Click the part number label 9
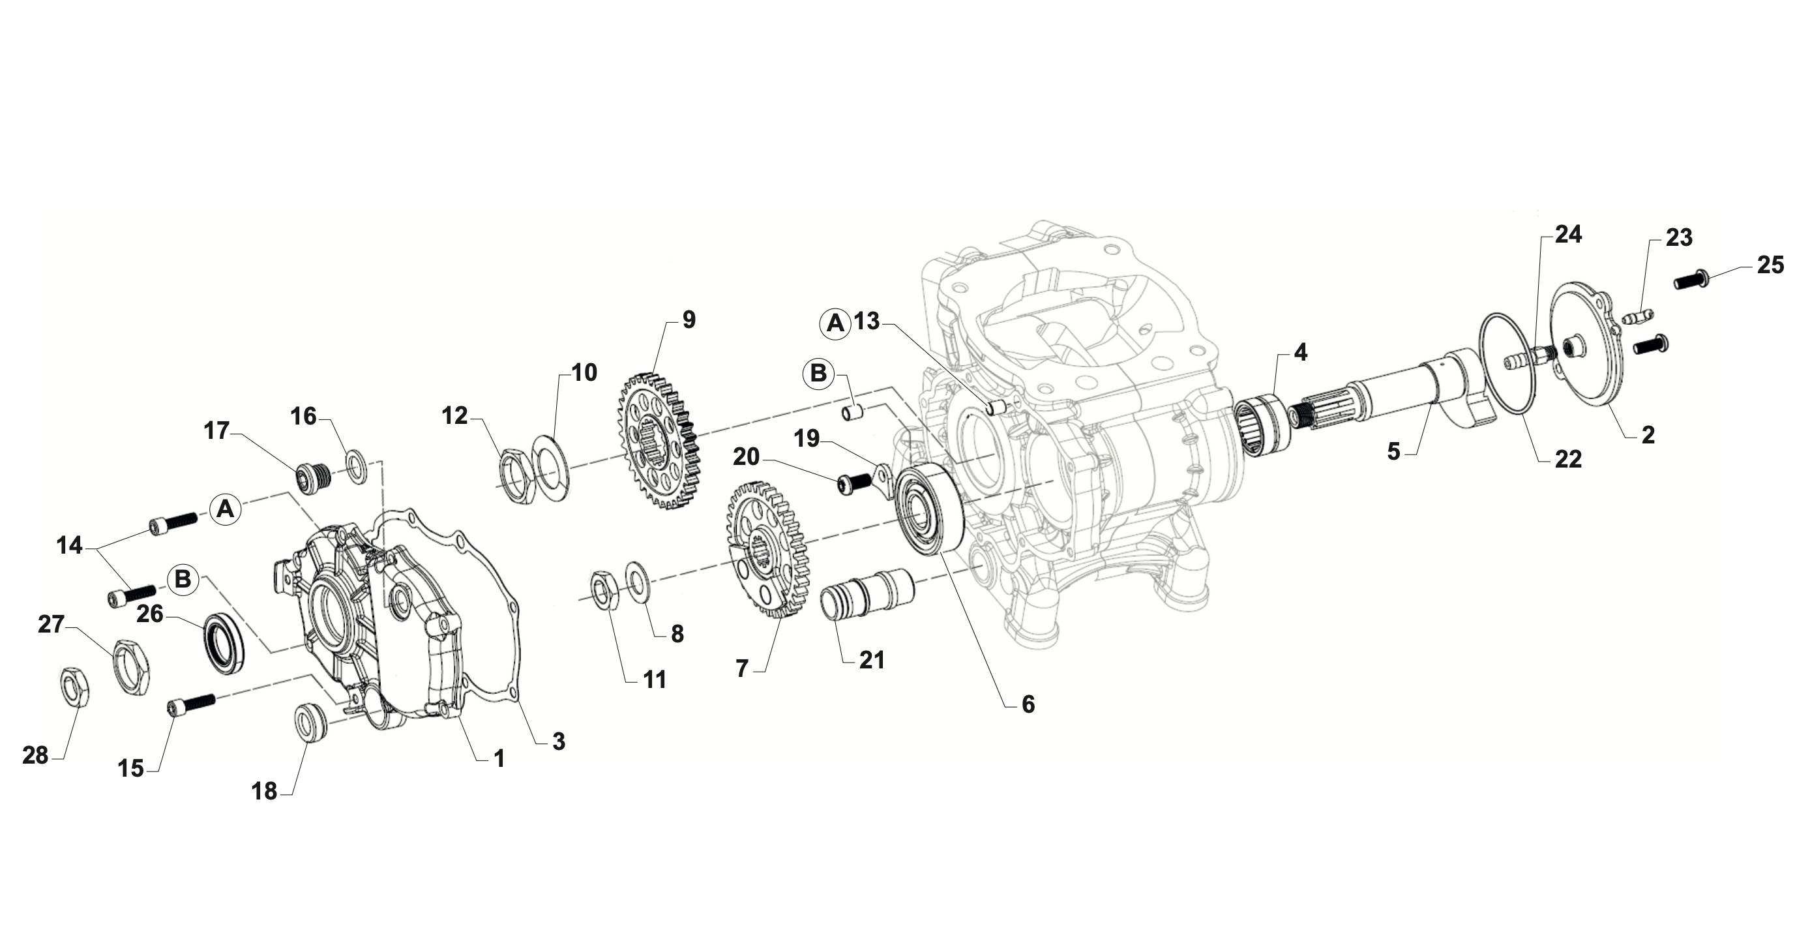[x=689, y=320]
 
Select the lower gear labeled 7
[x=766, y=548]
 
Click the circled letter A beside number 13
[x=835, y=323]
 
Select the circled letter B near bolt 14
[x=183, y=580]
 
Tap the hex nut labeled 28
[x=72, y=687]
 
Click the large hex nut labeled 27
[x=132, y=666]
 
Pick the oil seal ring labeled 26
[x=224, y=643]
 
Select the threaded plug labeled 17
[x=309, y=478]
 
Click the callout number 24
[x=1567, y=235]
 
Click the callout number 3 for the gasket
[x=558, y=741]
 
